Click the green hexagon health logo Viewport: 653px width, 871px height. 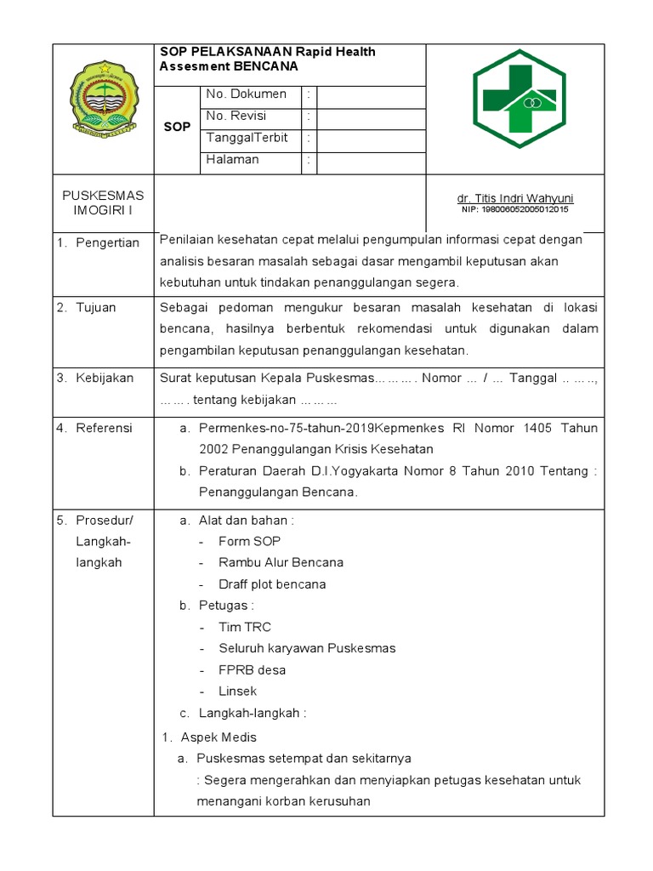[515, 99]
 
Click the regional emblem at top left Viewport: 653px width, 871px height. [103, 100]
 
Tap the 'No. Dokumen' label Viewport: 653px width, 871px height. [246, 94]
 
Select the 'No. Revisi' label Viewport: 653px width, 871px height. [236, 117]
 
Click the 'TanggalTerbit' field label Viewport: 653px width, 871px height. [247, 138]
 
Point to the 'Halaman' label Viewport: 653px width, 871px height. [232, 160]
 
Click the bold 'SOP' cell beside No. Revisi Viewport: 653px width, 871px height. [177, 127]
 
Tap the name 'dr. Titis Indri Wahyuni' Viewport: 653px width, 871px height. [515, 198]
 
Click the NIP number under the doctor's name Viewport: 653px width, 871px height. [515, 209]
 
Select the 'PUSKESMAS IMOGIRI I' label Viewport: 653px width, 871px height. [103, 203]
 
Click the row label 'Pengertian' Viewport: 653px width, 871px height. [107, 243]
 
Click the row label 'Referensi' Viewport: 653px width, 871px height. [104, 428]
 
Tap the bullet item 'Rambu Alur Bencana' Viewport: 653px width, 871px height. [281, 562]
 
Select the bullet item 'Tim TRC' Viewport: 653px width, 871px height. [245, 627]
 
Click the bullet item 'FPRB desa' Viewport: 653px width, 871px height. [252, 670]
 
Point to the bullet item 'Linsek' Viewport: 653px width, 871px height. [237, 692]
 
